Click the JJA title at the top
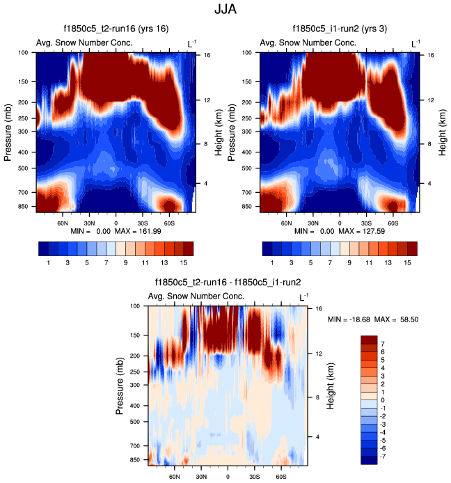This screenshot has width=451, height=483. pos(225,10)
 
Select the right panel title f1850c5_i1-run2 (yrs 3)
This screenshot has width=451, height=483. pos(340,29)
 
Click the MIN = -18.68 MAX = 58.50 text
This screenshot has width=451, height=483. pos(372,319)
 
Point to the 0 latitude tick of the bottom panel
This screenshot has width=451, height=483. pos(228,477)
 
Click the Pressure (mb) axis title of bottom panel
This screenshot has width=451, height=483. pos(119,383)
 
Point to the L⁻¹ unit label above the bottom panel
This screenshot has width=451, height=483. pos(303,297)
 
